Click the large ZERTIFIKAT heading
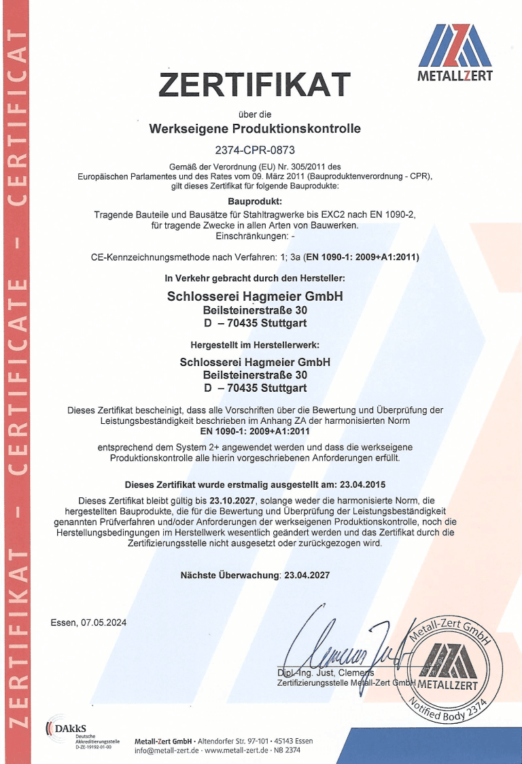(255, 84)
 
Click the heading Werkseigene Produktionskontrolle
(255, 129)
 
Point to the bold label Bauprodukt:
(255, 201)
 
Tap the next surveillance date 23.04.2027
(308, 575)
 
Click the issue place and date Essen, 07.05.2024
(88, 622)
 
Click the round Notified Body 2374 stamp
(449, 670)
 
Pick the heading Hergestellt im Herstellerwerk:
(255, 345)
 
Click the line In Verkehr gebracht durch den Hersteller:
(255, 278)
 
